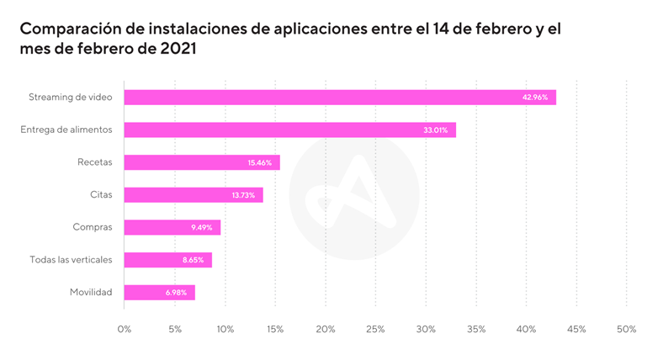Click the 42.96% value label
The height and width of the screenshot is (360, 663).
[535, 98]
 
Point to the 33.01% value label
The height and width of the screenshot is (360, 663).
[435, 130]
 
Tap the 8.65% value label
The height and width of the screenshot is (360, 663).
[194, 261]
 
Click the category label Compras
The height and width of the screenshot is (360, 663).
[93, 228]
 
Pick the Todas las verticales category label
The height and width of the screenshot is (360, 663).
[71, 261]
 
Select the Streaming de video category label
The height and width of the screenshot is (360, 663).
[71, 98]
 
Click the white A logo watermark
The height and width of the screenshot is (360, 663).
[353, 195]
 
